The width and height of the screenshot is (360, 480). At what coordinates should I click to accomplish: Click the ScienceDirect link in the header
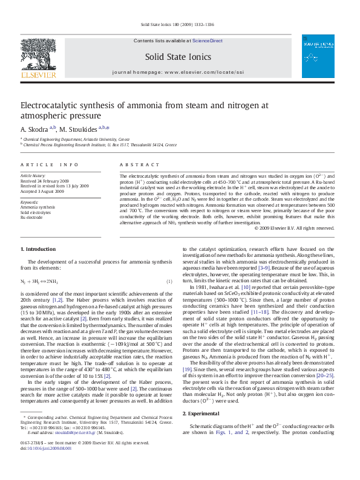pos(208,41)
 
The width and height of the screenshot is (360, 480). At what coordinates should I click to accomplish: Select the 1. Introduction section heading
pos(38,249)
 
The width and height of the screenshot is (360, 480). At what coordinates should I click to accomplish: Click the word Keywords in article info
pos(30,202)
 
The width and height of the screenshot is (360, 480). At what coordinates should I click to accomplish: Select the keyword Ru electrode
pos(32,217)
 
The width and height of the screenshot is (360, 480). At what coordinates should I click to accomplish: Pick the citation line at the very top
pos(177,25)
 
